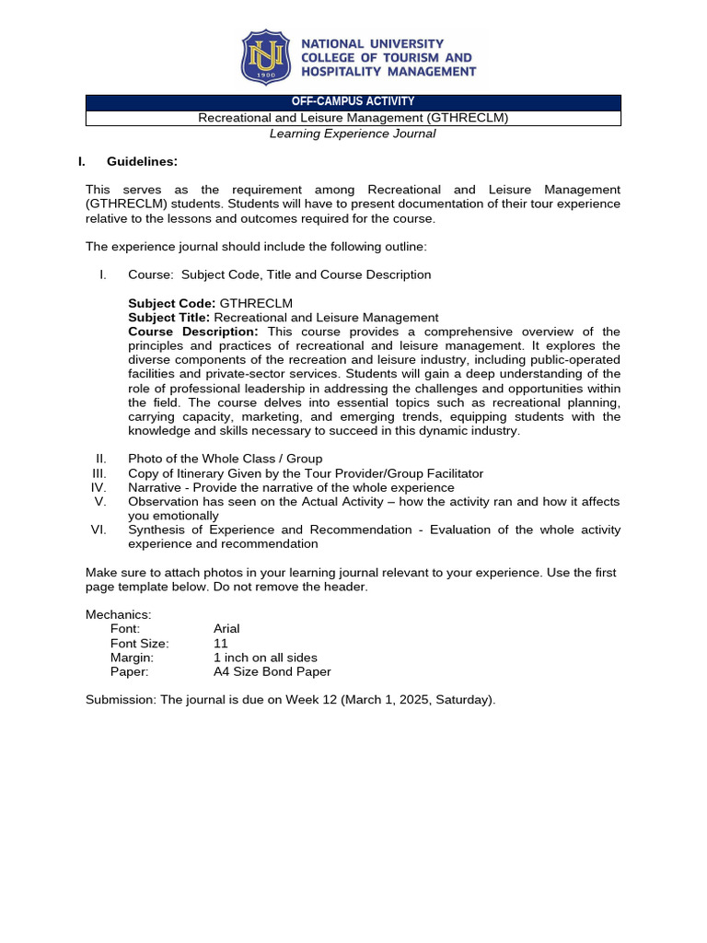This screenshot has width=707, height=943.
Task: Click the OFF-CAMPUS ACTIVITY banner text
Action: pos(353,102)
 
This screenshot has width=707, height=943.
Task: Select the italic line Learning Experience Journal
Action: pos(353,134)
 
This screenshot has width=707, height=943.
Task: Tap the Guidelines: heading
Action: pos(142,162)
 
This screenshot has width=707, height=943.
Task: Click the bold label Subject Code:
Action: pos(172,303)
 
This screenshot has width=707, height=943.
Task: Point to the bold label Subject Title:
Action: pos(169,318)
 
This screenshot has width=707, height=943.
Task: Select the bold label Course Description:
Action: pos(193,332)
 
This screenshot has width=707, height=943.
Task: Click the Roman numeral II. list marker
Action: pos(101,460)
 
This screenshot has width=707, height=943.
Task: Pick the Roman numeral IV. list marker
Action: pos(99,488)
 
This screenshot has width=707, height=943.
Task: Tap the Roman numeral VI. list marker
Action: pos(99,530)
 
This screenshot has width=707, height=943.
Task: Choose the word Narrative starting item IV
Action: pos(155,488)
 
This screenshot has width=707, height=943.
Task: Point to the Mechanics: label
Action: pos(119,615)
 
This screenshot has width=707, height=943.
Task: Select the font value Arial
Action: pos(226,629)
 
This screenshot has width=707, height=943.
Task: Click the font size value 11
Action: pos(220,644)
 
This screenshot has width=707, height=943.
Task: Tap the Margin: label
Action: pos(133,658)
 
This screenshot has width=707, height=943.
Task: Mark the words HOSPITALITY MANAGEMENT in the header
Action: pos(388,72)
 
